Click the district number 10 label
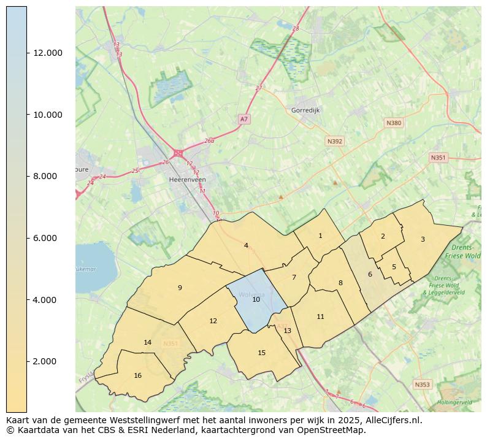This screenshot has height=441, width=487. [x=256, y=299]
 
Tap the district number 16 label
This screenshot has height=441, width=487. [x=137, y=375]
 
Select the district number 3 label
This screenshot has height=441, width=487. [x=422, y=239]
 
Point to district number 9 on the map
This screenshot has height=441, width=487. [x=180, y=288]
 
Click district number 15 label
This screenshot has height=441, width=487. [x=262, y=353]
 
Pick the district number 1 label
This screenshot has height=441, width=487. [x=320, y=236]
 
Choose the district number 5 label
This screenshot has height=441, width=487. [x=394, y=267]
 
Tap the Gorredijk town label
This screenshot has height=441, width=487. [x=305, y=110]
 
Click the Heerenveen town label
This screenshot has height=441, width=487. [x=187, y=180]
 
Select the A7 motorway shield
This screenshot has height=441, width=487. [x=244, y=118]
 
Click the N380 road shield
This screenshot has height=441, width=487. [x=394, y=123]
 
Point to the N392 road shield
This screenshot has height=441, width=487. [x=335, y=141]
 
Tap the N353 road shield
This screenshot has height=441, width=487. [x=422, y=385]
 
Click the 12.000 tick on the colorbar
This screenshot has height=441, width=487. [x=48, y=53]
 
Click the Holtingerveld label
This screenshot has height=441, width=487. [x=454, y=402]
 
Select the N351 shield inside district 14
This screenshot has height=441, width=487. [x=170, y=343]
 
